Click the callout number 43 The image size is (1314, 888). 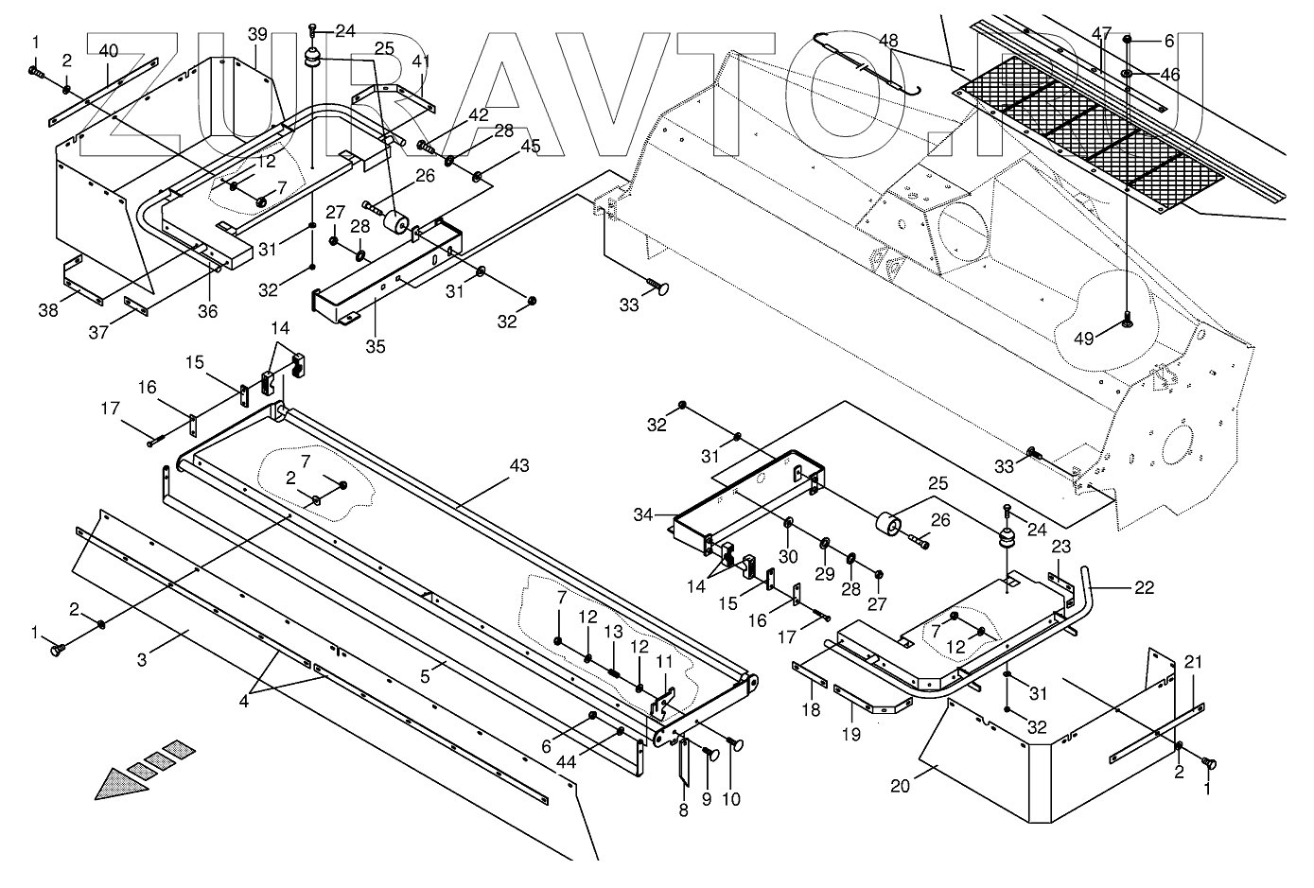(x=518, y=466)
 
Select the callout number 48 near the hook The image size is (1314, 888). (x=888, y=41)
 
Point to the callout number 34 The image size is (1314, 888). (x=642, y=514)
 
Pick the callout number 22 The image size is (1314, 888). (x=1144, y=587)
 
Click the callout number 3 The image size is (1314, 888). (x=142, y=659)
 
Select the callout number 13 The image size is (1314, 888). (x=614, y=631)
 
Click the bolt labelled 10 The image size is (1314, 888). (x=737, y=744)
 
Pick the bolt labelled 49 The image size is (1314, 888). (x=1127, y=322)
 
